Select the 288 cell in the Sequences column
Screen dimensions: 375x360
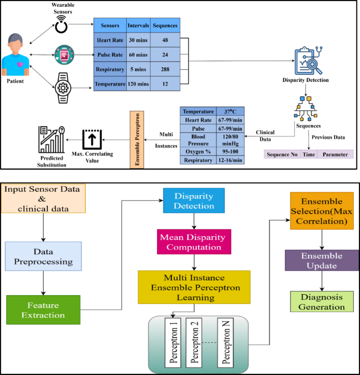tap(164, 69)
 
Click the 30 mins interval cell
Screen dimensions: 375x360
tap(138, 40)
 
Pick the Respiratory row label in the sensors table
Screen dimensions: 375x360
tap(110, 69)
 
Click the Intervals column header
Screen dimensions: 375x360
tap(138, 25)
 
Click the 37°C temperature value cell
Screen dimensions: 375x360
tap(230, 111)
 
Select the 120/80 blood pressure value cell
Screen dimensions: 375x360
tap(230, 138)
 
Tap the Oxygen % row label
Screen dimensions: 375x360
tap(198, 150)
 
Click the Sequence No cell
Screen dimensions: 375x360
tap(282, 155)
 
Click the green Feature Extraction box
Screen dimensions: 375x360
tap(43, 310)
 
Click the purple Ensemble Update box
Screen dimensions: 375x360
tap(322, 261)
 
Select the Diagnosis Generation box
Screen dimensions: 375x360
tap(322, 301)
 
